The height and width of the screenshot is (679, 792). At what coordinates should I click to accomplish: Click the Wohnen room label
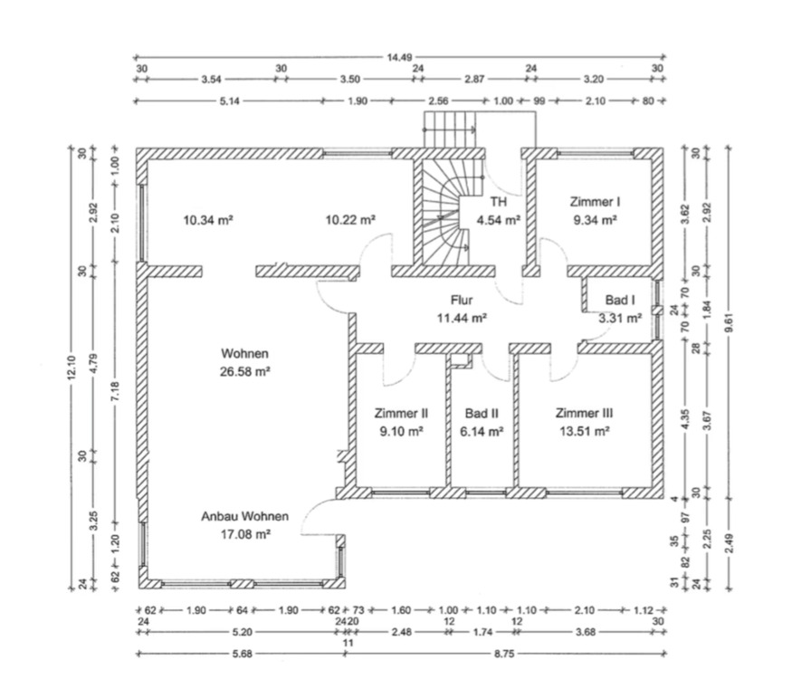tap(244, 353)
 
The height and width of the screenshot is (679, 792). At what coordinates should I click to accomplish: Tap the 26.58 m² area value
tap(244, 371)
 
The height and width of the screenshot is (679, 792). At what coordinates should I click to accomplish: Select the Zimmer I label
tap(594, 201)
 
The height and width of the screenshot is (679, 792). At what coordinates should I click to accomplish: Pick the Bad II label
tap(482, 414)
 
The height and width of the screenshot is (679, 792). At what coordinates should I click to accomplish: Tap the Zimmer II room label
tap(400, 414)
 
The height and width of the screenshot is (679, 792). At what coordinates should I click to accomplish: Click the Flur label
tap(463, 300)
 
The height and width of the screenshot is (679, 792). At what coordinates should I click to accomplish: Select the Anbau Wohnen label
tap(245, 516)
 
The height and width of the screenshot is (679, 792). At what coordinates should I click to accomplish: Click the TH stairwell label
tap(498, 201)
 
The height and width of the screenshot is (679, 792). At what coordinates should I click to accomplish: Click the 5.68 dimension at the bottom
tap(241, 652)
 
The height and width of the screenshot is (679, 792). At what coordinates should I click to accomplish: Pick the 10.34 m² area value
tap(209, 219)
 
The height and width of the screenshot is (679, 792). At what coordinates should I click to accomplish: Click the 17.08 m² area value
tap(245, 534)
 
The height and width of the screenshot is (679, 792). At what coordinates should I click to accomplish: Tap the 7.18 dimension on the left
tap(115, 395)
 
